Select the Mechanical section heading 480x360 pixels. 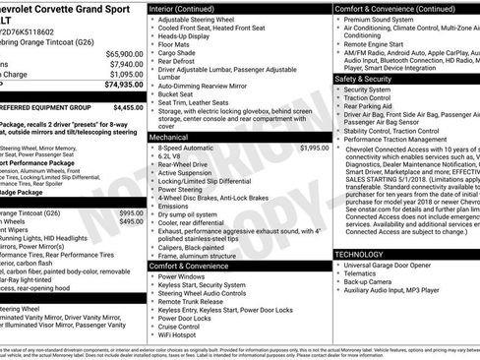tap(172, 137)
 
